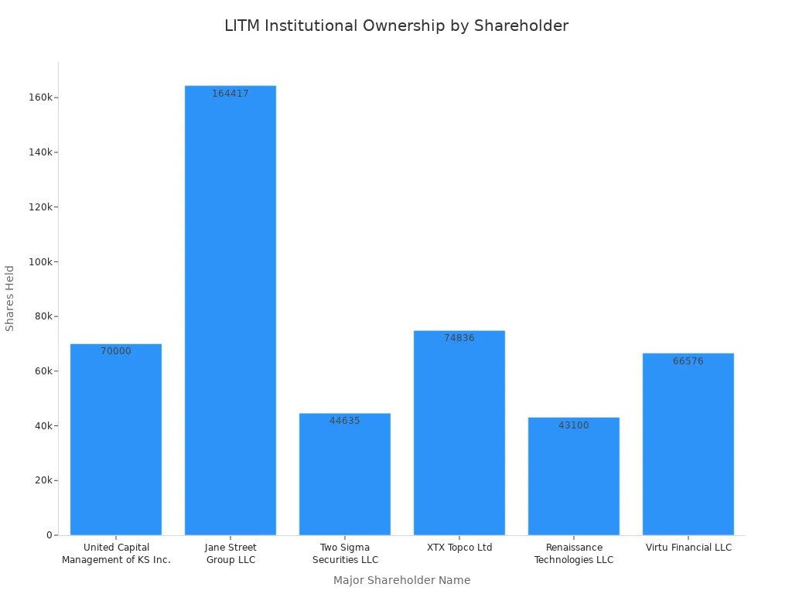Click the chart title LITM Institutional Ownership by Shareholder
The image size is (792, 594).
(x=396, y=26)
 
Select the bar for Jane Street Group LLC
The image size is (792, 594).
(x=230, y=309)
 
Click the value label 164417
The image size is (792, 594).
(x=230, y=94)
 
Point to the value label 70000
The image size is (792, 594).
(x=116, y=351)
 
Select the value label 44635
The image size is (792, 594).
(x=345, y=421)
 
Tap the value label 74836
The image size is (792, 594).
(x=459, y=338)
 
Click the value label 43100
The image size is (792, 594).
(x=574, y=425)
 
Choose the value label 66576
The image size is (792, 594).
(x=688, y=361)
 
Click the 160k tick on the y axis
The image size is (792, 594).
(x=41, y=97)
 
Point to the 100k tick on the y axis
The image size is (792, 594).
(x=41, y=261)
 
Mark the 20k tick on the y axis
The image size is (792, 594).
(x=43, y=480)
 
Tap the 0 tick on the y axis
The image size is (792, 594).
(x=49, y=535)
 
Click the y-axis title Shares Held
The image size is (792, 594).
(x=10, y=298)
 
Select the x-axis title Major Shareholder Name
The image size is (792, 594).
(x=401, y=580)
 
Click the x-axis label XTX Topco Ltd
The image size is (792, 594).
(x=459, y=548)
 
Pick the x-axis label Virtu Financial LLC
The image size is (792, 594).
(x=688, y=548)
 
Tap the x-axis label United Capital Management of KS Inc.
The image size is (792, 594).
(x=116, y=554)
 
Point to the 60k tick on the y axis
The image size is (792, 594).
(x=43, y=371)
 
